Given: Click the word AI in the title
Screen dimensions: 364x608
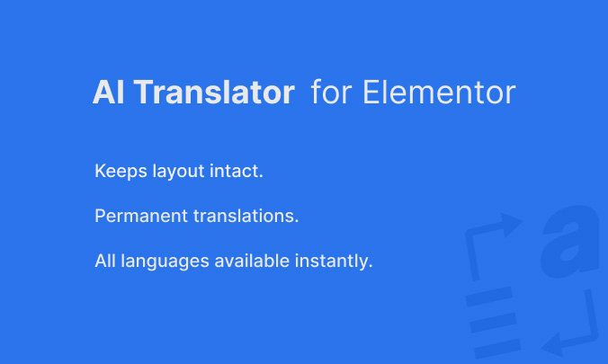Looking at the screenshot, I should click(x=107, y=93).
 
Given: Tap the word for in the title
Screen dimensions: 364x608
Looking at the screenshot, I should click(x=330, y=93).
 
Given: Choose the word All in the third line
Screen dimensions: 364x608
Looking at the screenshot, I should click(x=104, y=262).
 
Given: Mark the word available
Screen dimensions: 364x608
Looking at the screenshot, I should click(x=248, y=262).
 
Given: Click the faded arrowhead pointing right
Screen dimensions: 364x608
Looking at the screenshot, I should click(x=513, y=226).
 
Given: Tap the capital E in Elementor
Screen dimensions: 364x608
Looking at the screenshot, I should click(x=371, y=93).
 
